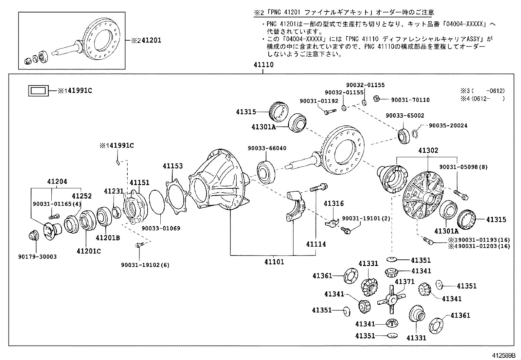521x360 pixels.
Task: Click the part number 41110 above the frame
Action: click(x=263, y=65)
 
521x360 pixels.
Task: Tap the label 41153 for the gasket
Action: click(x=173, y=166)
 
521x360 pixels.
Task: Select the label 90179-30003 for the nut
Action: click(x=37, y=257)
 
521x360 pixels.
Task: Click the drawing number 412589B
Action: click(x=503, y=355)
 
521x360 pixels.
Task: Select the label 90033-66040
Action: click(x=267, y=148)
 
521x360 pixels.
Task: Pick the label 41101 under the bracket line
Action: click(x=274, y=262)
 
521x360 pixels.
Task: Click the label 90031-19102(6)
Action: click(x=145, y=265)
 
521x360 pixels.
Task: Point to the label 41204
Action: click(x=57, y=181)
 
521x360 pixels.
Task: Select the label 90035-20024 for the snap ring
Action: click(x=448, y=125)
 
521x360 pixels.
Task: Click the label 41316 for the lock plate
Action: click(x=334, y=203)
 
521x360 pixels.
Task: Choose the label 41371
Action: click(x=404, y=282)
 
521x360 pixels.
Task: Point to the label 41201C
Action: click(x=89, y=251)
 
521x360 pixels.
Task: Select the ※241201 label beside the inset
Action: click(x=146, y=41)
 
